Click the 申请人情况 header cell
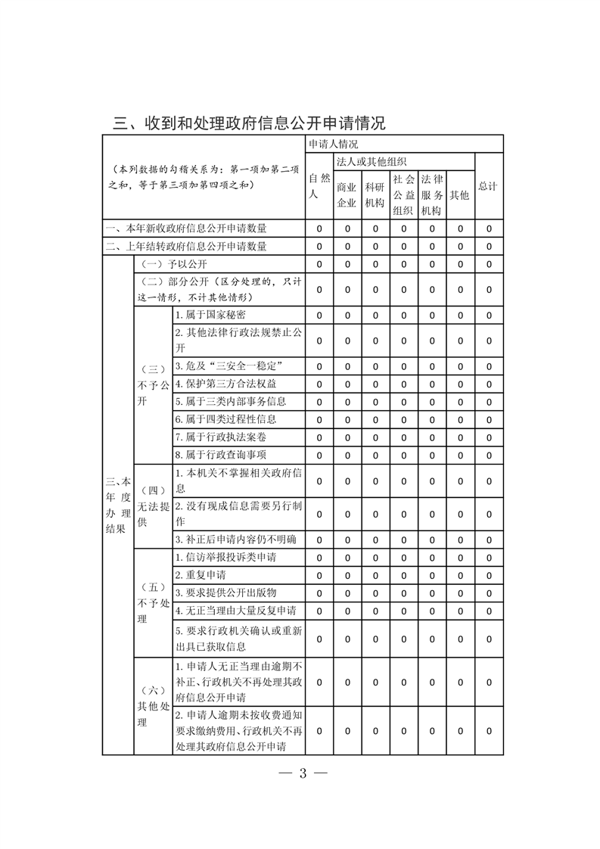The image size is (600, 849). (x=333, y=144)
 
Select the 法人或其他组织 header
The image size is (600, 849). (x=372, y=161)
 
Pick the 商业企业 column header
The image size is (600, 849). (x=347, y=194)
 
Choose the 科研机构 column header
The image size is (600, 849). (x=375, y=194)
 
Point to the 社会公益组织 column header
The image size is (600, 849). (x=403, y=194)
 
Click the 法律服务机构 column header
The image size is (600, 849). (x=431, y=194)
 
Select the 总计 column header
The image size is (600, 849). (x=489, y=186)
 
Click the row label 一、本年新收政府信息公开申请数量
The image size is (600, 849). (x=186, y=228)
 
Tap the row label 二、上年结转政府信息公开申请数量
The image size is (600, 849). (x=186, y=246)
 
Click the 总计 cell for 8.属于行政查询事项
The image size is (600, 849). (x=489, y=455)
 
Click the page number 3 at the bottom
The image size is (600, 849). (x=301, y=773)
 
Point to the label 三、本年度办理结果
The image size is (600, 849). (x=117, y=505)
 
